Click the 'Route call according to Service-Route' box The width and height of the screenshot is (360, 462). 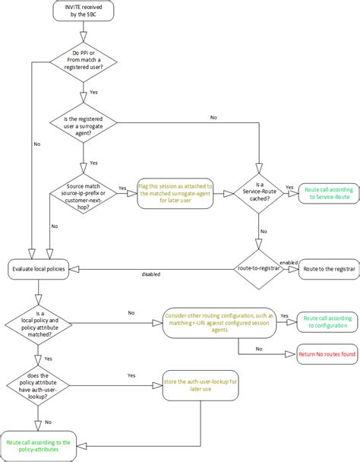click(x=327, y=192)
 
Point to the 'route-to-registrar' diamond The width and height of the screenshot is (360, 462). click(x=258, y=268)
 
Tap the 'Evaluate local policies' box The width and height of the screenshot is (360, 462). click(x=39, y=268)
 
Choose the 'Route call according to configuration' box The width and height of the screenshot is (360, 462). click(x=327, y=321)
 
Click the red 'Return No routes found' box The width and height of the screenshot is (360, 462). click(x=327, y=354)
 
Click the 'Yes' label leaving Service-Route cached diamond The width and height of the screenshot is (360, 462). click(x=289, y=186)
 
